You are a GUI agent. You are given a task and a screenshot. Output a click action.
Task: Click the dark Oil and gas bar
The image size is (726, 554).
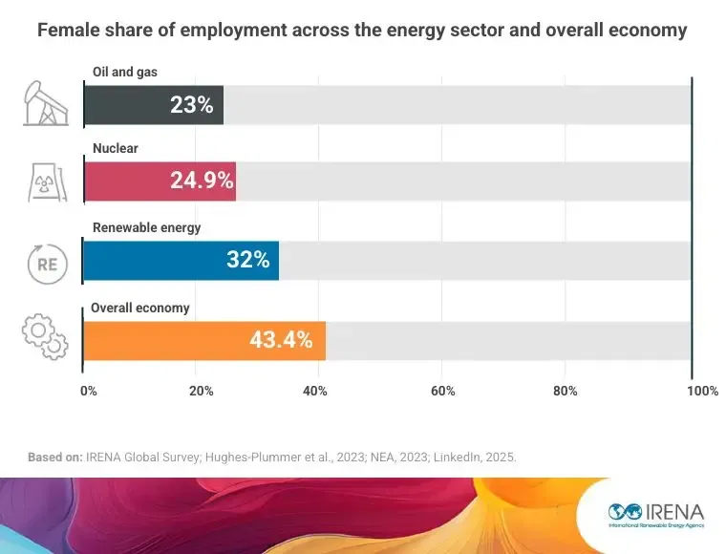point(153,105)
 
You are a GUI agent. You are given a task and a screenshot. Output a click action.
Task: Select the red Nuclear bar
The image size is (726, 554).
point(159,181)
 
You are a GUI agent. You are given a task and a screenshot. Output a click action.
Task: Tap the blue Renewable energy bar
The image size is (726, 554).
point(181,260)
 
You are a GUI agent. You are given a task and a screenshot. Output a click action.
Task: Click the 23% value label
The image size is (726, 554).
point(191,105)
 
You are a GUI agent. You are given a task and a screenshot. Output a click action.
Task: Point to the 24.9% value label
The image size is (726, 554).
point(202,181)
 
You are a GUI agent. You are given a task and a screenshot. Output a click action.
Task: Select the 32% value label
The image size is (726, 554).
point(248,260)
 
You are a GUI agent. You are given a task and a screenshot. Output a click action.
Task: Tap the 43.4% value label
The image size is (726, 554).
point(281,339)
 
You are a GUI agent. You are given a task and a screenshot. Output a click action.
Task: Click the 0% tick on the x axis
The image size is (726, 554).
point(88,391)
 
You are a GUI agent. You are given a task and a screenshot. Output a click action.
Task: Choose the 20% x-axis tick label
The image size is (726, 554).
point(201,391)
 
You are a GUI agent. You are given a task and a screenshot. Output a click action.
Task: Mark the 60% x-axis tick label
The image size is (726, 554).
point(442,391)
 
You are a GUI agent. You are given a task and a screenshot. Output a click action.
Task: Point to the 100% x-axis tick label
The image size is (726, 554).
point(702,391)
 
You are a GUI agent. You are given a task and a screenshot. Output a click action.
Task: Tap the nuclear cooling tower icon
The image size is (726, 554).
point(46,181)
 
